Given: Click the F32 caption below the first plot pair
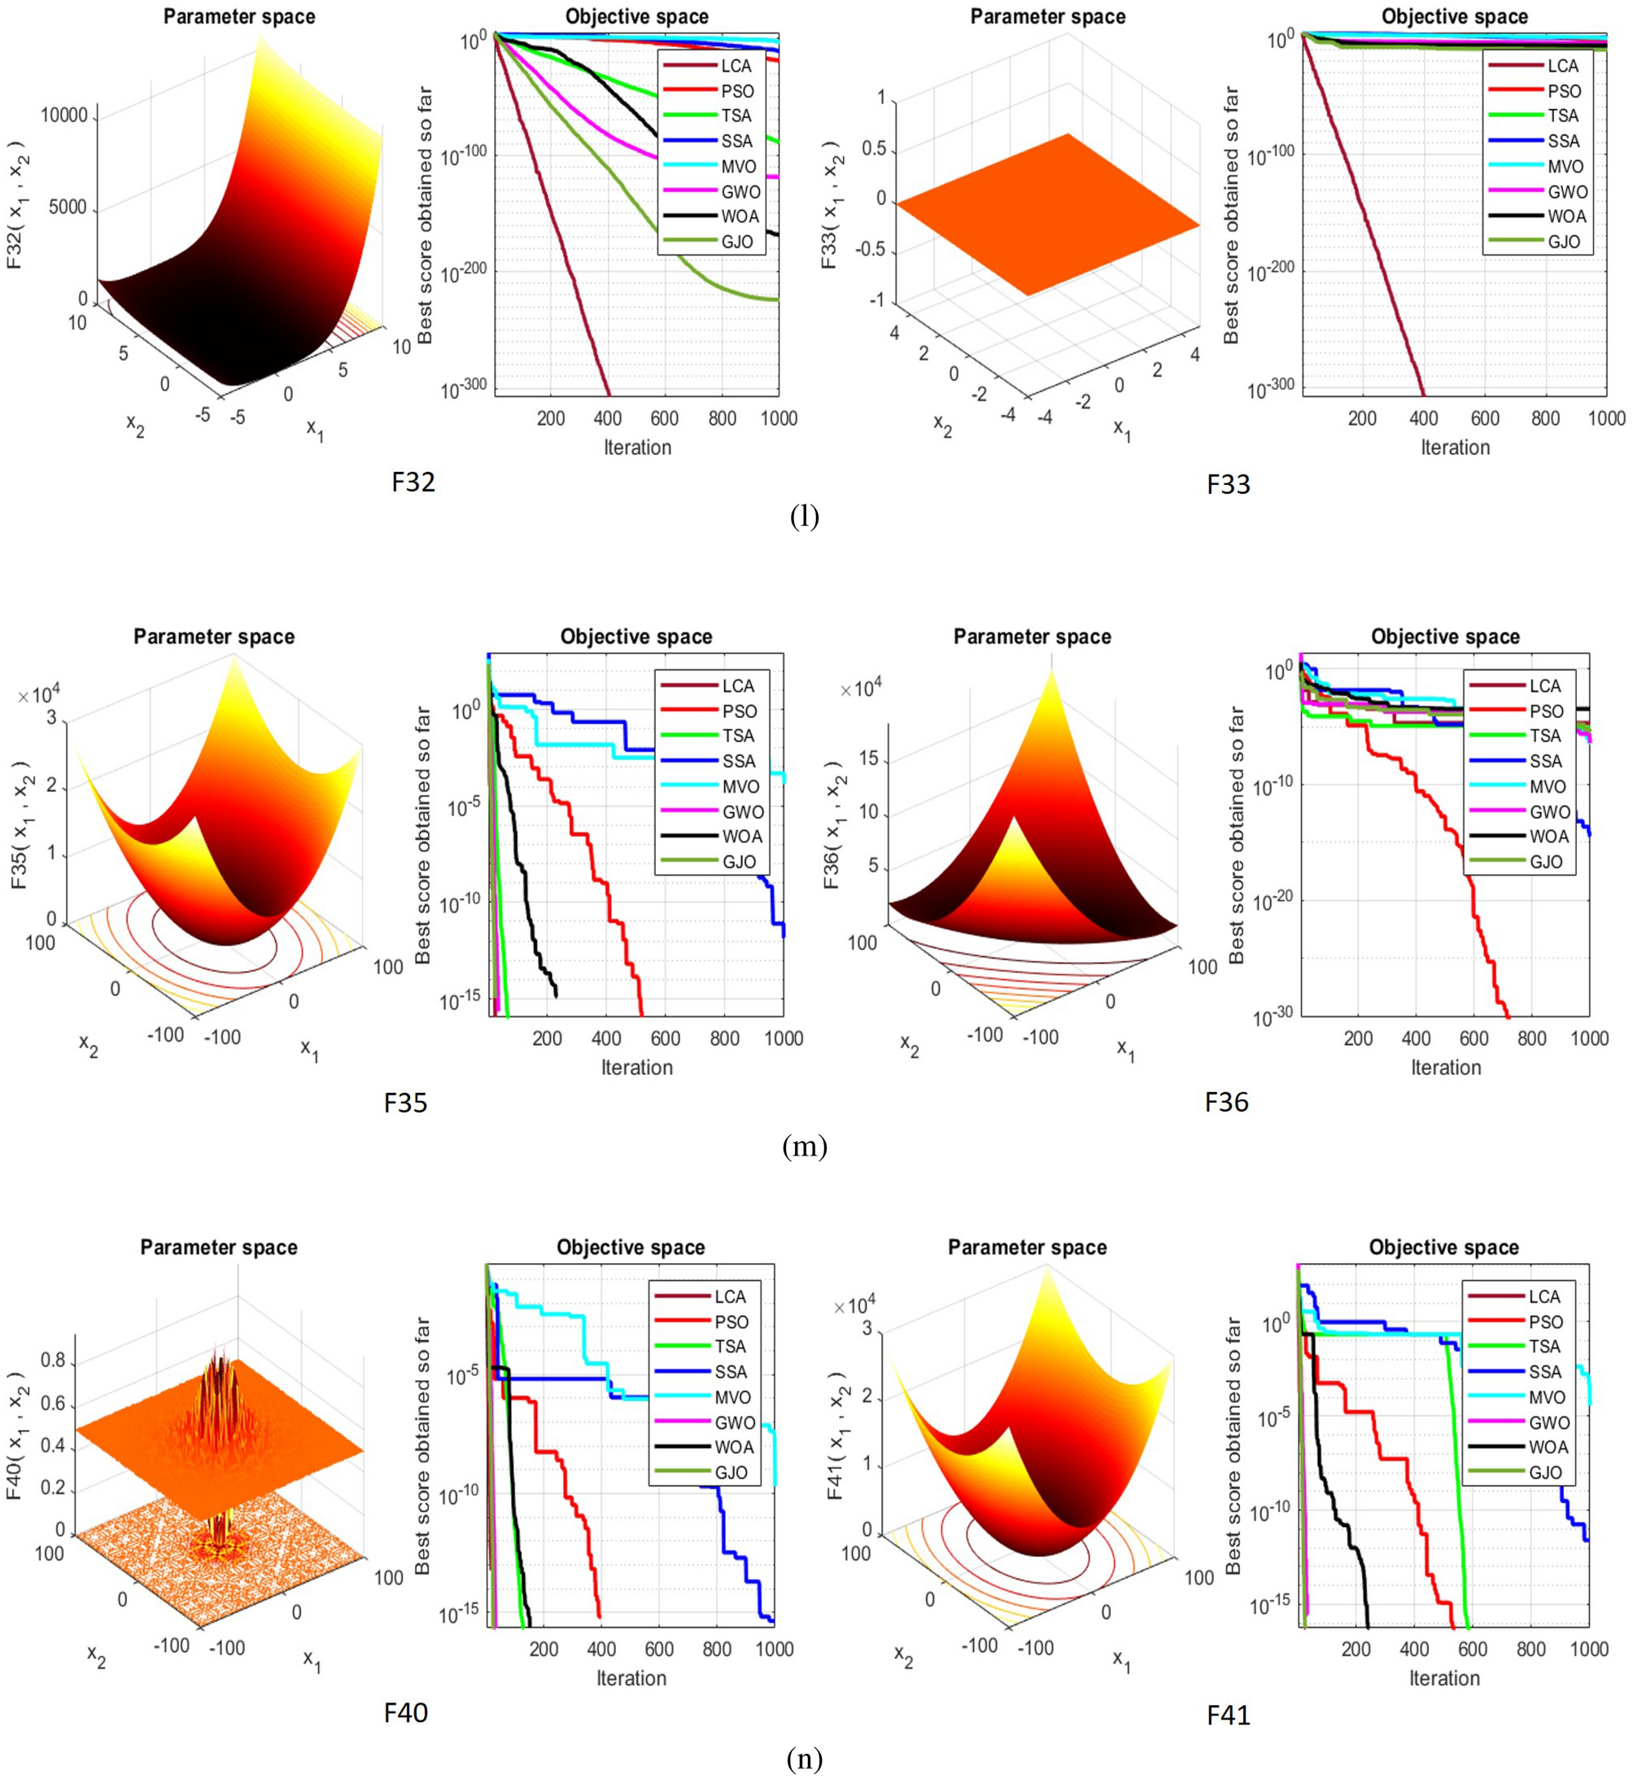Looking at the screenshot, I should coord(413,483).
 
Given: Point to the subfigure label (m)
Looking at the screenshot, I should coord(804,1147).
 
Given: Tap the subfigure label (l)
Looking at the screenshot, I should coord(804,516).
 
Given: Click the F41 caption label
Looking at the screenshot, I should coord(1229,1716).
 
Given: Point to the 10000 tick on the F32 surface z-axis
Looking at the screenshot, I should coord(63,116).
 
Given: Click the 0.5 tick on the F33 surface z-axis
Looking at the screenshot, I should coord(874,148).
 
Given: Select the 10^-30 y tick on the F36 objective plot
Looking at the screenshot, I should coord(1273,1018).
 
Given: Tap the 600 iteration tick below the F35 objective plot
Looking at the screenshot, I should coord(666,1038).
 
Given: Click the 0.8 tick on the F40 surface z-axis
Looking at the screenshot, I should coord(54,1361).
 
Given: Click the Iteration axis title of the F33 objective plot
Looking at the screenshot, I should coord(1455,447).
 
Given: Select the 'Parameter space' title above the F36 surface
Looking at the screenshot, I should coord(1031,636).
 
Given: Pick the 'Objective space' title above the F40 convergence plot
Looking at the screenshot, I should coord(630,1247).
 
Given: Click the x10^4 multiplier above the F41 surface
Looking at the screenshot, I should coord(855,1305).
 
